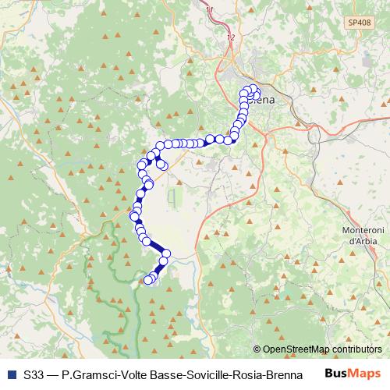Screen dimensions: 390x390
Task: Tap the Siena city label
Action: (x=263, y=100)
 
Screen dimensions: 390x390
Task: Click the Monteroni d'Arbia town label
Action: (x=361, y=236)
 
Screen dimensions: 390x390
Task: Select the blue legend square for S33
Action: (x=12, y=374)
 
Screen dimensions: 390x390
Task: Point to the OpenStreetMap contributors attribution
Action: (x=317, y=349)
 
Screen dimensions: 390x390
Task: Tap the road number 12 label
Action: (x=229, y=37)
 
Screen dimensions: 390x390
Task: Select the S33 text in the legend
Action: (x=34, y=374)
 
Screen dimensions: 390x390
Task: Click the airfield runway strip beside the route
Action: (x=171, y=198)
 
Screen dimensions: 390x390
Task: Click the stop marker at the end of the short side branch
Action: (x=163, y=165)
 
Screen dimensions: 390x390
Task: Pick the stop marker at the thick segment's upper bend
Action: (x=146, y=242)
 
